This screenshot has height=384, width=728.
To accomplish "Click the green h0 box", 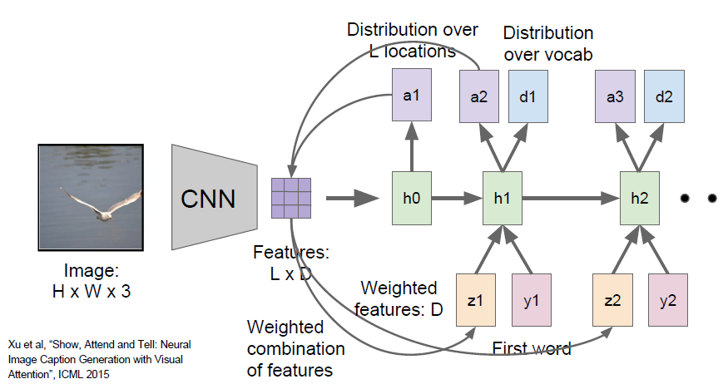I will pos(413,199).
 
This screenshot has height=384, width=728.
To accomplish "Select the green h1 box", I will pos(503,199).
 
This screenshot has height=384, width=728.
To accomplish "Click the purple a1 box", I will pos(411,95).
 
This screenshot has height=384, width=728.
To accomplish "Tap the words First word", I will pos(533,348).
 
